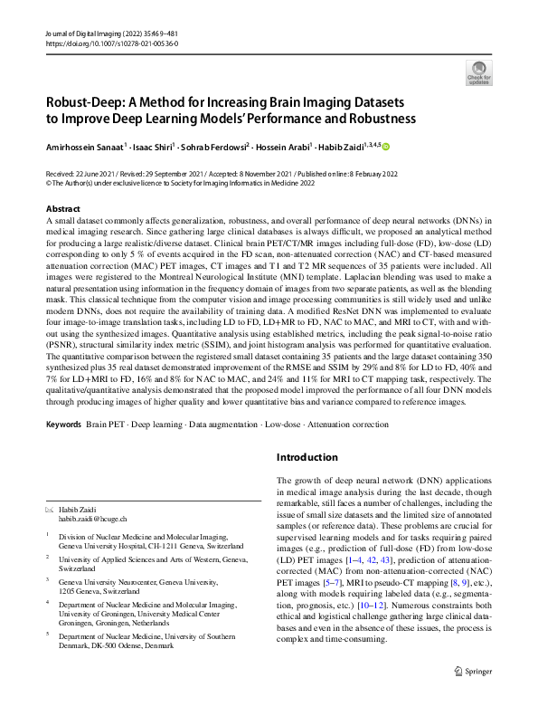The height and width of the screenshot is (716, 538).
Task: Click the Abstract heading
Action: tap(62, 208)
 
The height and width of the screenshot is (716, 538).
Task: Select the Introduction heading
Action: tap(307, 457)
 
